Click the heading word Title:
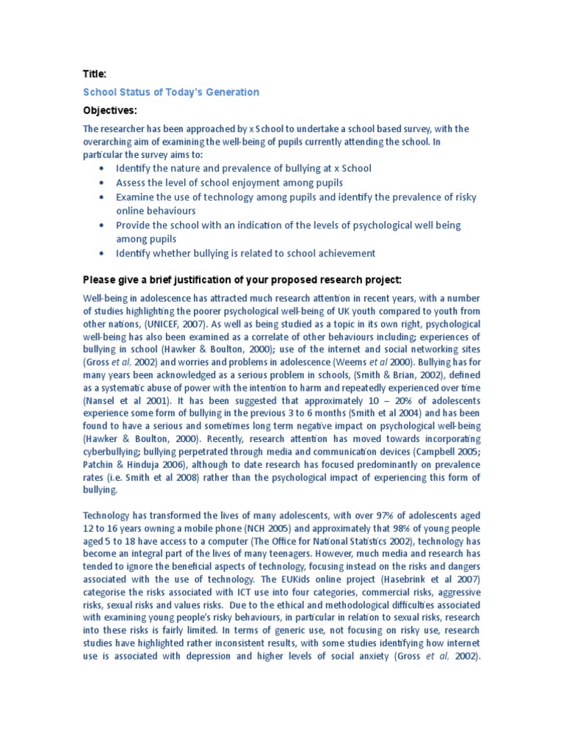[x=95, y=74]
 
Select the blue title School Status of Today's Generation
[x=171, y=92]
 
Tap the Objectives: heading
[x=109, y=110]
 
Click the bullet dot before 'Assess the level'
[x=101, y=183]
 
